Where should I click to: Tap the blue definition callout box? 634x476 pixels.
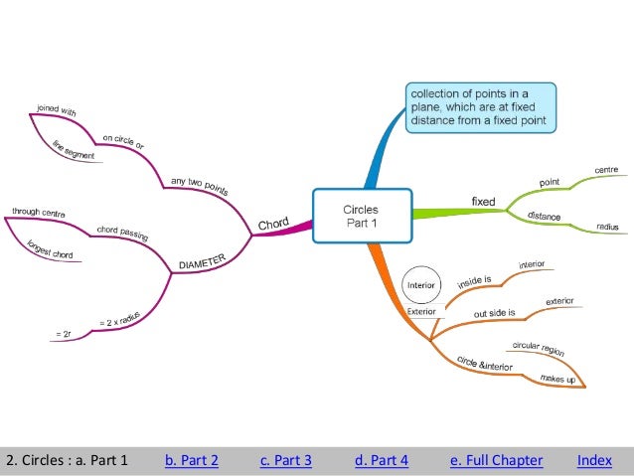pos(481,107)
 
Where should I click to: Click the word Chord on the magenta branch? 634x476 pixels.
pos(273,225)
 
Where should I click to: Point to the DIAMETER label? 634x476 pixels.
pos(203,261)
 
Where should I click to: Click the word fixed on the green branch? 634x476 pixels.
pos(483,202)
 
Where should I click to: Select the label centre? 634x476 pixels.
pos(605,171)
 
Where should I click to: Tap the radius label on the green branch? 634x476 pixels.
pos(607,227)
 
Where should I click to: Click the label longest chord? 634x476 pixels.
pos(49,248)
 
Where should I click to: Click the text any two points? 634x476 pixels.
pos(201,186)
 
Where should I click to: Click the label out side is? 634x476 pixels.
pos(494,313)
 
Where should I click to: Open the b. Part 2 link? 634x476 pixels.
pos(191,460)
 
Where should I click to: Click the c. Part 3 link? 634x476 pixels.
pos(285,460)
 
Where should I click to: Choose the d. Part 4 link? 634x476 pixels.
pos(381,460)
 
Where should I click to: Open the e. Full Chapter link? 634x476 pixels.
pos(496,460)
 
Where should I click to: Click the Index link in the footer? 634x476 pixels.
pos(593,460)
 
